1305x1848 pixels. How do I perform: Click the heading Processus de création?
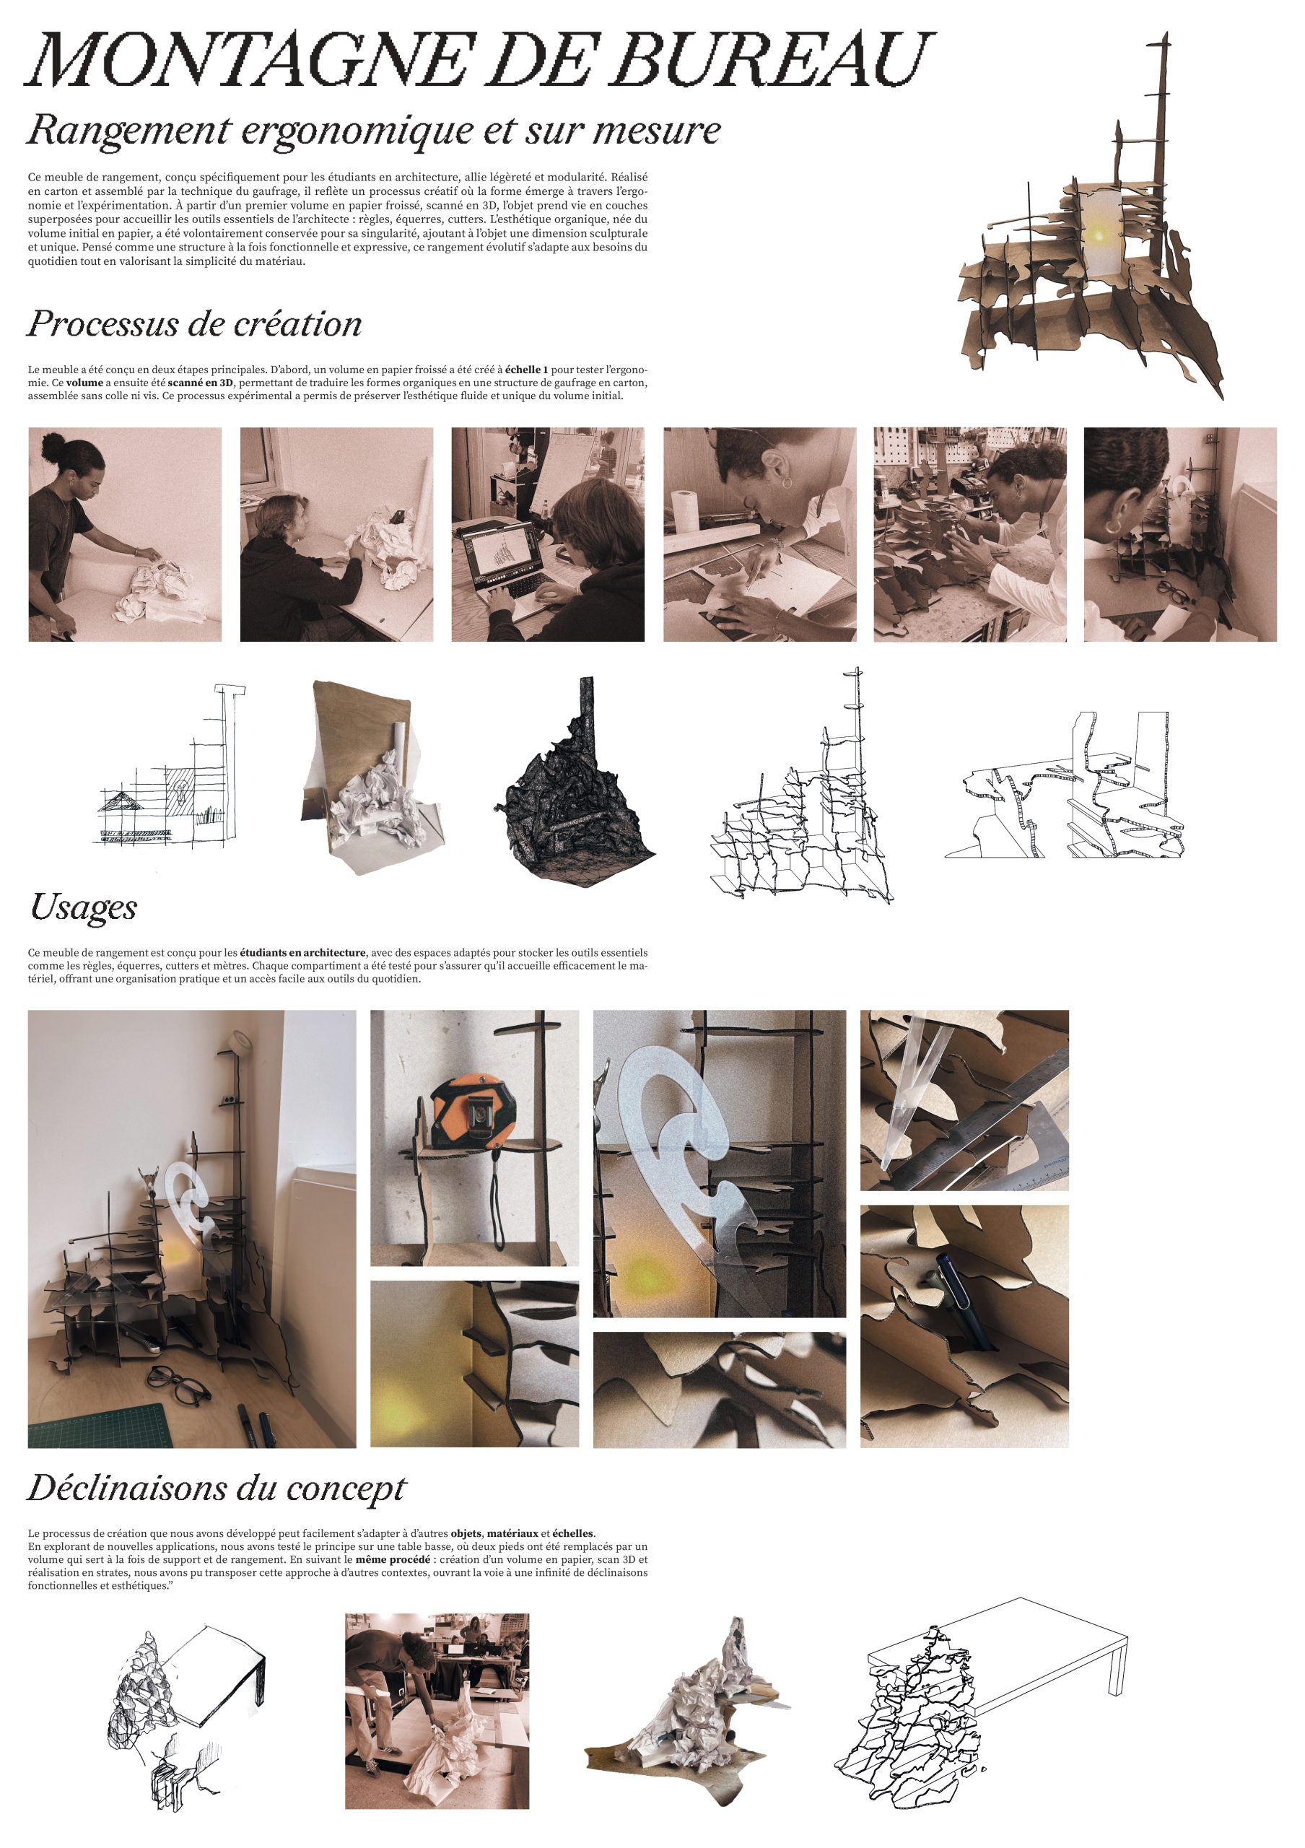(x=195, y=323)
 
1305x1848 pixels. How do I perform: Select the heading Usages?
(x=84, y=907)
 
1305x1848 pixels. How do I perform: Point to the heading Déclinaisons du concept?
(x=217, y=1487)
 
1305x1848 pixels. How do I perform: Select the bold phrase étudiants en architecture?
(x=302, y=953)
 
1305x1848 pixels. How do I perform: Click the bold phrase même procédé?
(x=391, y=1559)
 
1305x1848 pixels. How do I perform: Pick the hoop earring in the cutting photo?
(x=786, y=484)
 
